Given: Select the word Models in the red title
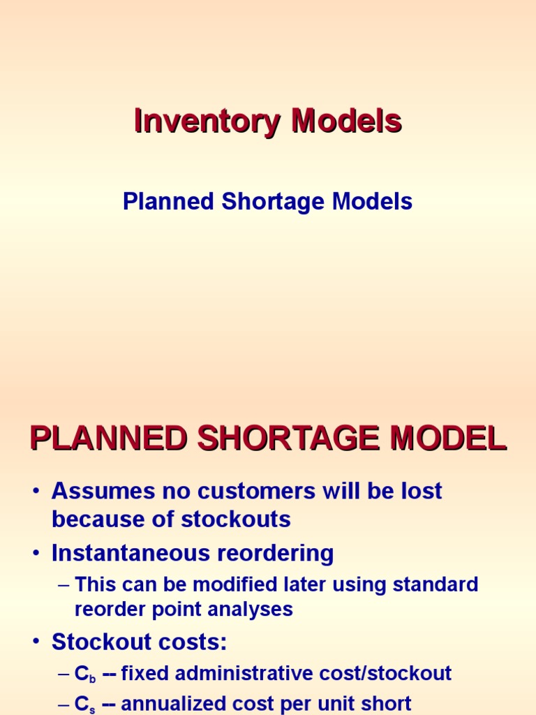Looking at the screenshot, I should (346, 121).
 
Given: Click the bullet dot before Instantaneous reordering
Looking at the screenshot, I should (36, 554).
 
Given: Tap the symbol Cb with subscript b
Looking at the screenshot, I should (84, 675).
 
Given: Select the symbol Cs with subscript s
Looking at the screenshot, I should (84, 704).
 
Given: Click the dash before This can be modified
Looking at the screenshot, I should (64, 585).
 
